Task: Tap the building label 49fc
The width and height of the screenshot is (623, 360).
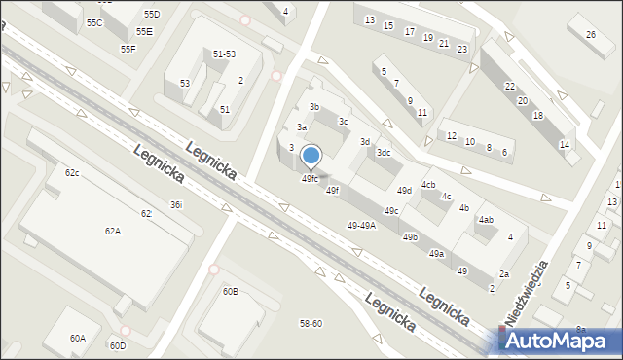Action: pos(310,178)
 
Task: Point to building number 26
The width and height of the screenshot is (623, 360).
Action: pos(591,35)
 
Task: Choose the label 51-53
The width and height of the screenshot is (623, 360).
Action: pos(224,54)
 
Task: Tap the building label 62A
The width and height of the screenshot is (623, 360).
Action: pos(113,231)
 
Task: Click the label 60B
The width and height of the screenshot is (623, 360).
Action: pos(230,291)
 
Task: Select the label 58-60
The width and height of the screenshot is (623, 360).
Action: pos(311,323)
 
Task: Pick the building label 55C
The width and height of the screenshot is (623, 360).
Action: pos(94,21)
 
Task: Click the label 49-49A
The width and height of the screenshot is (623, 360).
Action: pos(361,225)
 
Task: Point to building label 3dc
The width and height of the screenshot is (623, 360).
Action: pos(385,152)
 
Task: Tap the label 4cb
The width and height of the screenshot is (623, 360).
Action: pos(428,184)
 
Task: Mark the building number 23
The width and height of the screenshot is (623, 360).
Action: pos(461,49)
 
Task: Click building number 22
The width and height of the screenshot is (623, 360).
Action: pos(510,86)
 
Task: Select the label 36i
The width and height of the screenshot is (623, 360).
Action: pos(176,204)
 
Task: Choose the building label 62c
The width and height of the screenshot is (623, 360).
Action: pos(72,172)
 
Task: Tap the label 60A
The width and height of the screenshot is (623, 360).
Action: pos(77,338)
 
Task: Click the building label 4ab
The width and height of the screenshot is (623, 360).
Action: pos(486,220)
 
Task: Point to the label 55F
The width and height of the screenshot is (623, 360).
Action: pos(128,49)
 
